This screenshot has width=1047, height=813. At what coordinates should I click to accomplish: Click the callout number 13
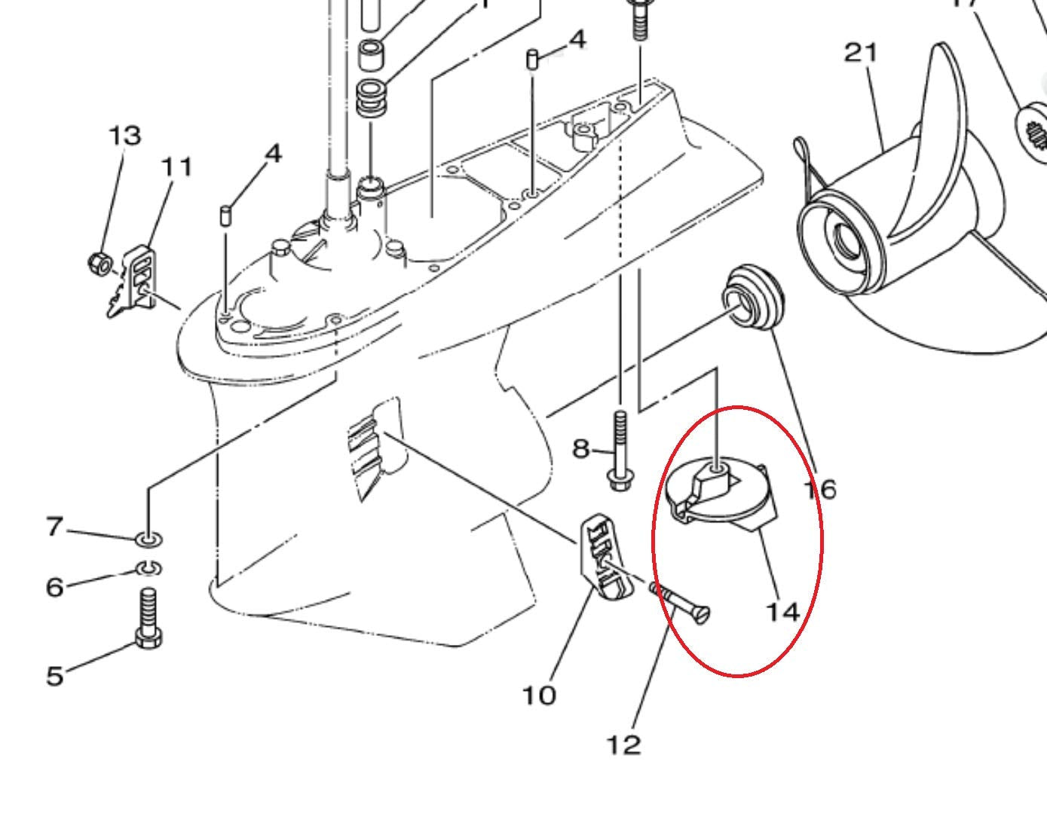pos(124,136)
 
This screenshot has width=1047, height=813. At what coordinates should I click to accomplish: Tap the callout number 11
pos(176,167)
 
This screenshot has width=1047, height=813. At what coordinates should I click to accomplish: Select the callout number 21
pos(861,53)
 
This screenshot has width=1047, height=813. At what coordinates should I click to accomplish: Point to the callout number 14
pos(782,610)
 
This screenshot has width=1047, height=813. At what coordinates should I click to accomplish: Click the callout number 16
pos(819,490)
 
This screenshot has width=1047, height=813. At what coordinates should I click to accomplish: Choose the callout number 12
pos(623,744)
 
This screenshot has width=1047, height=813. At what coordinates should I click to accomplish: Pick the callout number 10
pos(539,694)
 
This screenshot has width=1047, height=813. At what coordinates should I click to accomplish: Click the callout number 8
pos(580,449)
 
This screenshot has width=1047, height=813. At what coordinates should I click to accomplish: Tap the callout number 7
pos(54,527)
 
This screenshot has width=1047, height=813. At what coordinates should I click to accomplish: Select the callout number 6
pos(54,586)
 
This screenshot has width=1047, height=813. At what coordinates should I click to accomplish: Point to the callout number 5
pos(54,675)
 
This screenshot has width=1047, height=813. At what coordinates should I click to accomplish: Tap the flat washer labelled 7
pos(148,539)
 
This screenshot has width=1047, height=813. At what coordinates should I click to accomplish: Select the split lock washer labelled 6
pos(149,567)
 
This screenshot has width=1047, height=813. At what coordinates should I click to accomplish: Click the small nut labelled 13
pos(99,264)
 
